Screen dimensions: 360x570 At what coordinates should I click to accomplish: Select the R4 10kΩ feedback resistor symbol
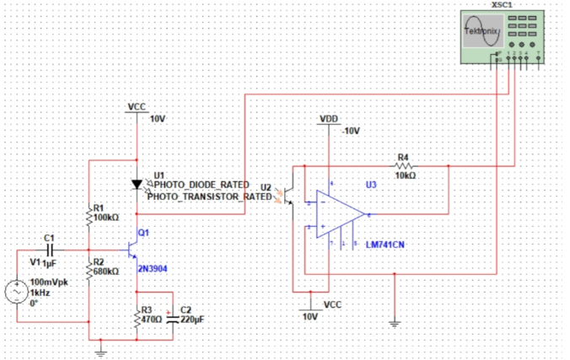coord(402,166)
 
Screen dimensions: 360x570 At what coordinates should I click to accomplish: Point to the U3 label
coord(371,184)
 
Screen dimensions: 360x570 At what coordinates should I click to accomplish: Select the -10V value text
coord(350,132)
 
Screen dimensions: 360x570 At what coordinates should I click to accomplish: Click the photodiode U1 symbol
coord(137,184)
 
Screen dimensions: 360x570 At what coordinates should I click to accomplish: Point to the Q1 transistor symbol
coord(132,250)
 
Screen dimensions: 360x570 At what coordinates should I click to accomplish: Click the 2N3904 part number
coord(153,268)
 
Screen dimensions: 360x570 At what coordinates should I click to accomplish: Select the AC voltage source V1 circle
coord(16,293)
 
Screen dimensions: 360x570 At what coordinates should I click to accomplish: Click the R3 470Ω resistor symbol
coord(137,319)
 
